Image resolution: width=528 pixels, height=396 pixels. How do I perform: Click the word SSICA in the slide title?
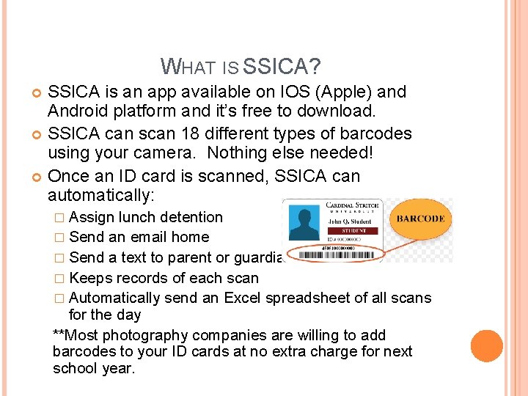click(281, 67)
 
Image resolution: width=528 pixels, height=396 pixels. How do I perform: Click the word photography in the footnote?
click(149, 335)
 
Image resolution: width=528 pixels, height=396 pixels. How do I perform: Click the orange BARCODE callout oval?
click(420, 219)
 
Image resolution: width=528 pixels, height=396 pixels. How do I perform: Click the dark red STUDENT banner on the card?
click(352, 231)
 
